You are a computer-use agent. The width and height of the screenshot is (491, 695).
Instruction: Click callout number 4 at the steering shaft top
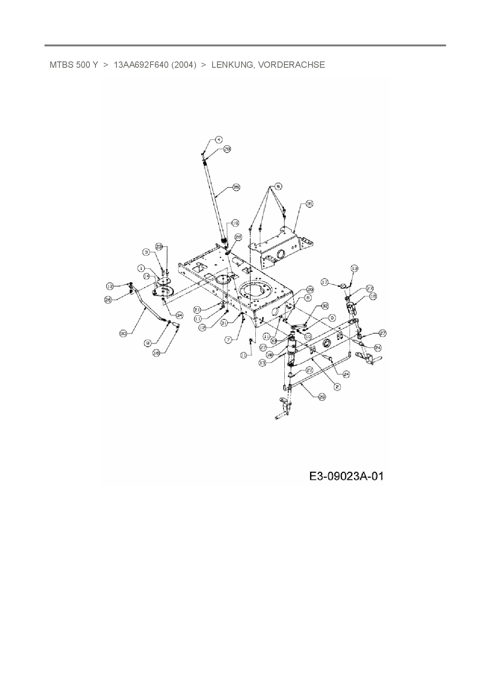(219, 139)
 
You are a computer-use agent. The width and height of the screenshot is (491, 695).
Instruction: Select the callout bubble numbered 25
(236, 187)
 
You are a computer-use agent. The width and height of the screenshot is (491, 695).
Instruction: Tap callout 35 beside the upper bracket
(309, 204)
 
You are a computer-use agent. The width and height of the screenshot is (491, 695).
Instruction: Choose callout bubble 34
(179, 315)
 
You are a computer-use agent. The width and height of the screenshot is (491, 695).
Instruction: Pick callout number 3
(146, 252)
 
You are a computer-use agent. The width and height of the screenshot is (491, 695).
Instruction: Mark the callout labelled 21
(198, 309)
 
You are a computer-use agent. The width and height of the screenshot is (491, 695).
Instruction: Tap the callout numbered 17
(325, 282)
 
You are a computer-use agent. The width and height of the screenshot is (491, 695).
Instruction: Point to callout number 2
(337, 386)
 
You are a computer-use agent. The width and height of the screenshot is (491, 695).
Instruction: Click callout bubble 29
(322, 396)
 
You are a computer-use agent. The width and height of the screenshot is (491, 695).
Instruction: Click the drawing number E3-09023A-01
(346, 476)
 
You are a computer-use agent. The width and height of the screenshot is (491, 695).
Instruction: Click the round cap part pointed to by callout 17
(343, 285)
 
